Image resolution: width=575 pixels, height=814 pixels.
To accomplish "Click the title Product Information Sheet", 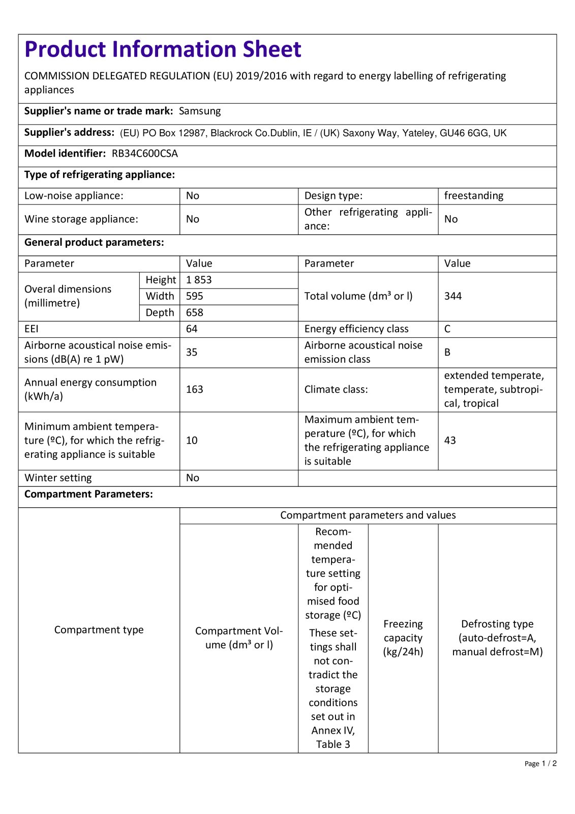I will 163,49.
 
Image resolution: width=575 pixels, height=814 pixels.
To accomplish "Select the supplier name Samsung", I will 200,111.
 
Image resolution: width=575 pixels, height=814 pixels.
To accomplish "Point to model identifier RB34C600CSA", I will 145,154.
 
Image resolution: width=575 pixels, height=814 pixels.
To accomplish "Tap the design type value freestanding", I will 473,196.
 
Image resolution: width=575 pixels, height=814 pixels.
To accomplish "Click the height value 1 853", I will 199,280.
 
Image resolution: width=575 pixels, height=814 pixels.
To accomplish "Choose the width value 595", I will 195,296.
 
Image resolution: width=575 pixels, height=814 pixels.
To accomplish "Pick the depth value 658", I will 195,312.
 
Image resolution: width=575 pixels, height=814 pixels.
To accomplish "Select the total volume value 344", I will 453,296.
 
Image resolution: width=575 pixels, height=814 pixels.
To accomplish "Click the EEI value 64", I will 192,329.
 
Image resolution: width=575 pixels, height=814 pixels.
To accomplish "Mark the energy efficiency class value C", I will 447,329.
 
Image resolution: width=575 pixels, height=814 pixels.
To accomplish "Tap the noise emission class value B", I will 447,352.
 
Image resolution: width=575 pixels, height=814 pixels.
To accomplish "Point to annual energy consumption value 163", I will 195,389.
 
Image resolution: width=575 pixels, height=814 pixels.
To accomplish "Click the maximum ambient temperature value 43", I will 450,440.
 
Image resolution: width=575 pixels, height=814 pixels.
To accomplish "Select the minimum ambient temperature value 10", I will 192,440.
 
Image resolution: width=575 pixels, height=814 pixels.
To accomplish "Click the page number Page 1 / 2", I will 540,763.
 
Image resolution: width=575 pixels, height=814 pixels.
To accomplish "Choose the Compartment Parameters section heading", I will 88,494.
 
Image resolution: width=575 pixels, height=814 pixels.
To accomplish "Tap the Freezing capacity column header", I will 403,638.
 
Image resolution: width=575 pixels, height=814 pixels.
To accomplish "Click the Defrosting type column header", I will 497,638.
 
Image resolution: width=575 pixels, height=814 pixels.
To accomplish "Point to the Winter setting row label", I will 58,478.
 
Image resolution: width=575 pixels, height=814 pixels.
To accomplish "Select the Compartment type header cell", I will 99,630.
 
